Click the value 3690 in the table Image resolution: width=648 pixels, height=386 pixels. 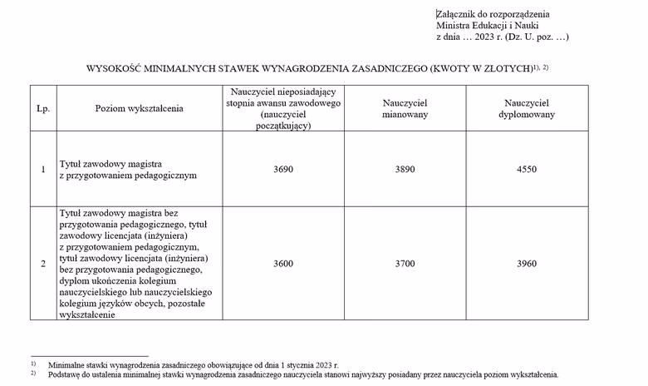pos(283,169)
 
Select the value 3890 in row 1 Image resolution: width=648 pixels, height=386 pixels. pos(405,169)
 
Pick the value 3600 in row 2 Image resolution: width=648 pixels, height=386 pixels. pos(283,264)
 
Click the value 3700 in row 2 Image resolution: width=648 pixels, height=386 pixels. pos(405,264)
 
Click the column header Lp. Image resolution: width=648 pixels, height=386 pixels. pos(42,108)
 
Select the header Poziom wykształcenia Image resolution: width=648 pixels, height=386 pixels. pos(139,108)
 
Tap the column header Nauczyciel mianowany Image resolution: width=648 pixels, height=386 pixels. pos(405,108)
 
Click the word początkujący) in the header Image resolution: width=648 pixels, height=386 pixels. pos(284,126)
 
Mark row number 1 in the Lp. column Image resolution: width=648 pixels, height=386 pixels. pos(42,170)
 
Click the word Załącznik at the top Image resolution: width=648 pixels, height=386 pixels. pos(457,14)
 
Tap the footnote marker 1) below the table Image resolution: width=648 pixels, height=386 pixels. pos(34,364)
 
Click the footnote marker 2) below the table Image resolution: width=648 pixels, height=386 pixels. pos(34,374)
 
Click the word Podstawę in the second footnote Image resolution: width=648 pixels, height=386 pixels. pos(66,374)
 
